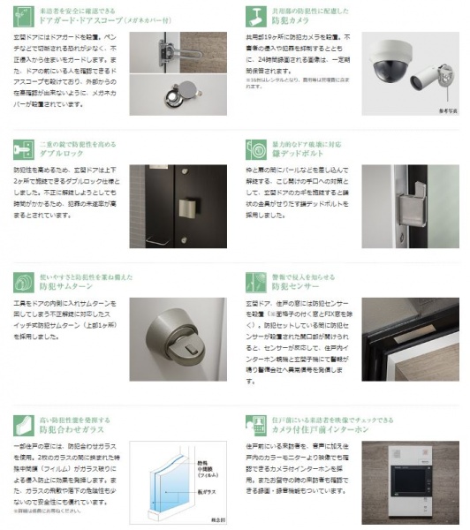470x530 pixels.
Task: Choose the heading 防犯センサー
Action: point(291,288)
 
